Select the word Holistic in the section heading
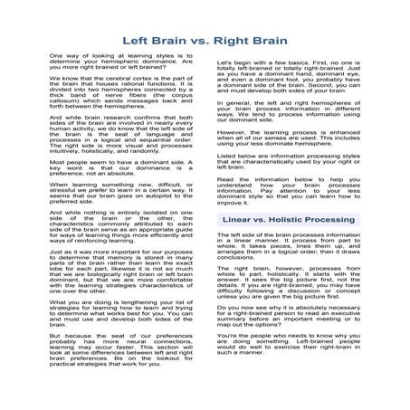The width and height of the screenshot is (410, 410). tap(297, 219)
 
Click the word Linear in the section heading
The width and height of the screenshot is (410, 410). tap(242, 219)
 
